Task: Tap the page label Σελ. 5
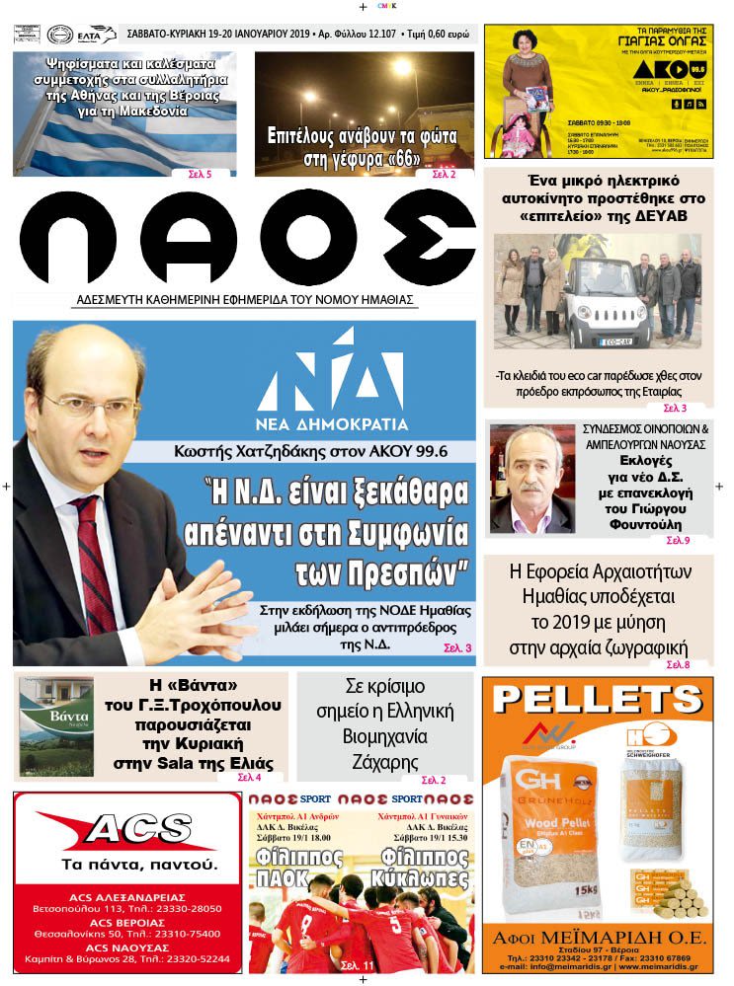[200, 174]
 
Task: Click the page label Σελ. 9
[678, 540]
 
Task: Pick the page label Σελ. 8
[678, 664]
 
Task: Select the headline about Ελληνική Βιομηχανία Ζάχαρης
[384, 725]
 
